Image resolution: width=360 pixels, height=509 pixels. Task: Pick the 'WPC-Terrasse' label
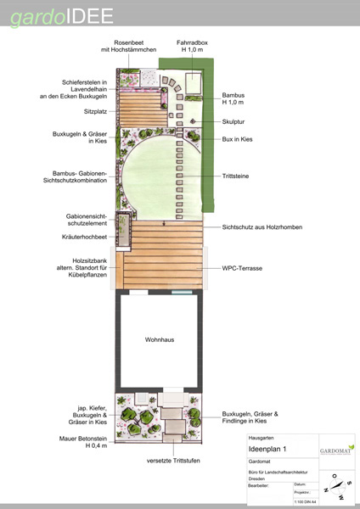tap(242, 267)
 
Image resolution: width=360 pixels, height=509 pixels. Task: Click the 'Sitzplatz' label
tap(93, 110)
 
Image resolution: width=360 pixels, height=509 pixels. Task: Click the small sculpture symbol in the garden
tap(194, 121)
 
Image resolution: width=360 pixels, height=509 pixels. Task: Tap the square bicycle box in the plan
tap(191, 82)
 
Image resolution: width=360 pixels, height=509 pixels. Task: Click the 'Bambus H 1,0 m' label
tap(233, 100)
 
